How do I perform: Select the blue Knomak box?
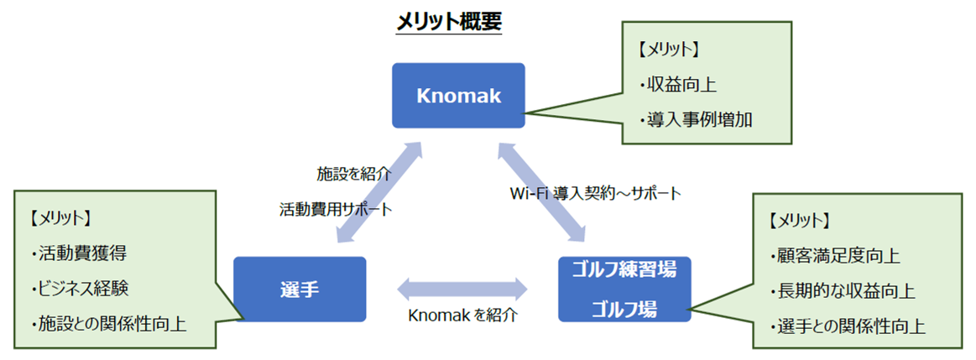458,96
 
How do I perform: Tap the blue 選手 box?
300,290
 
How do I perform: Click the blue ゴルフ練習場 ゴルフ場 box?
624,290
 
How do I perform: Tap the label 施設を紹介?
353,174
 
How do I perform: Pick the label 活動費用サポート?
336,209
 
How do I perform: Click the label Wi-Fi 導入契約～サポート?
596,193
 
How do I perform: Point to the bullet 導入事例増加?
696,119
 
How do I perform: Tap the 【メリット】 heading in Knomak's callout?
669,50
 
